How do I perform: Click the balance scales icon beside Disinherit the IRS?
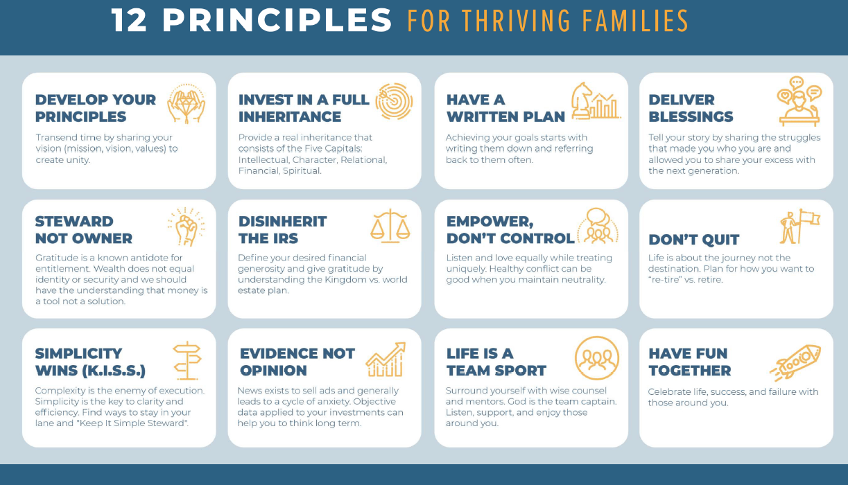coord(390,226)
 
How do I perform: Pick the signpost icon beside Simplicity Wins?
coord(186,360)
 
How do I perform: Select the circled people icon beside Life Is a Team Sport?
coord(596,359)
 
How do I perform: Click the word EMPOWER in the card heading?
coord(489,222)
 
